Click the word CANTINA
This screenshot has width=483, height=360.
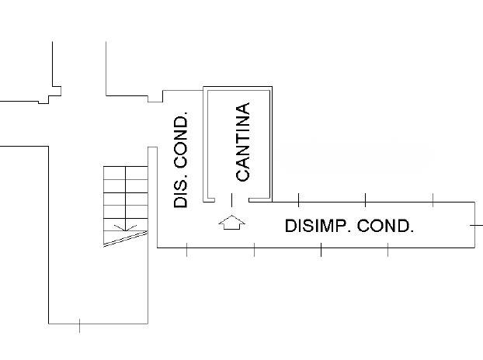click(x=243, y=142)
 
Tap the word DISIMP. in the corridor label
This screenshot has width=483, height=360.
click(x=317, y=227)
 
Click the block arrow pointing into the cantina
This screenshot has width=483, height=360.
click(x=231, y=223)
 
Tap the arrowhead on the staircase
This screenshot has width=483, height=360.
click(x=121, y=228)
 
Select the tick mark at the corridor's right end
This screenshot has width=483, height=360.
click(x=475, y=223)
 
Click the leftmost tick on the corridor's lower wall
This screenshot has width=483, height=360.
click(x=187, y=249)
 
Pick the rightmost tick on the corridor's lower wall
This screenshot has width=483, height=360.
click(x=388, y=249)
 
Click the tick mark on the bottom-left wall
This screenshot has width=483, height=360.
click(x=81, y=325)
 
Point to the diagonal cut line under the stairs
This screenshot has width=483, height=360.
click(x=124, y=237)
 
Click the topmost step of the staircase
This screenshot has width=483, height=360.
click(x=125, y=172)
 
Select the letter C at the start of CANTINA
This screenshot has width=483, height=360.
click(x=243, y=174)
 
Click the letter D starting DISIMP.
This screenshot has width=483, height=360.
click(x=290, y=227)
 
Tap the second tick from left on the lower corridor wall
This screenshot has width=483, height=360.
click(x=254, y=249)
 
